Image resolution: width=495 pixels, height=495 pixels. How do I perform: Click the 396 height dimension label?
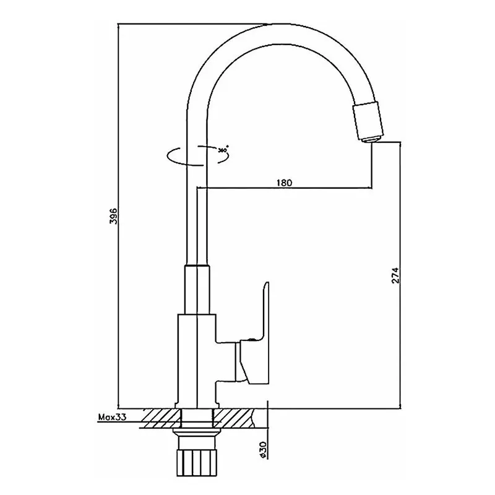point(113,216)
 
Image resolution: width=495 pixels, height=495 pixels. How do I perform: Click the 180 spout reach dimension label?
point(285,183)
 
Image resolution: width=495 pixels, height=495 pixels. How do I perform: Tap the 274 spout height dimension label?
point(395,275)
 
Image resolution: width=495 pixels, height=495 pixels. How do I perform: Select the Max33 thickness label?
point(113,417)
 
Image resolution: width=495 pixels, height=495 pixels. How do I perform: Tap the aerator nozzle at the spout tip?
point(368,122)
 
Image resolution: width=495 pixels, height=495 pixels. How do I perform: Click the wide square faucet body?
point(197,361)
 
